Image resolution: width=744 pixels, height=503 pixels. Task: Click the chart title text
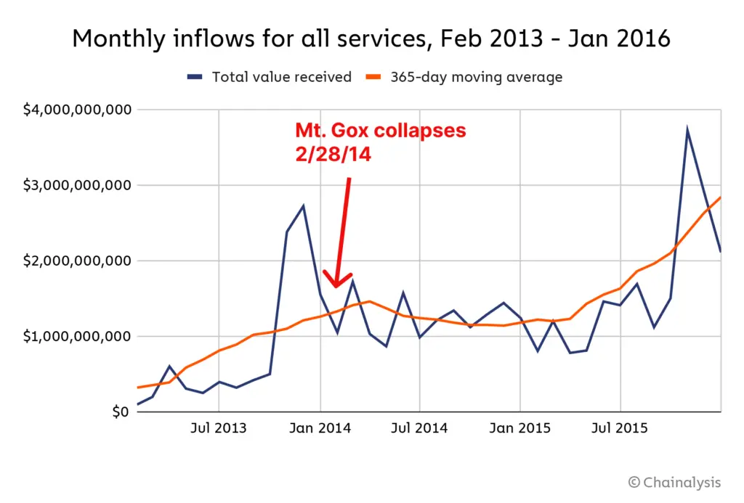371,38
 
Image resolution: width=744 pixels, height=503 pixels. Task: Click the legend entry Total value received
281,77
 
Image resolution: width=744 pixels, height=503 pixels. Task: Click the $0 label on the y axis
119,412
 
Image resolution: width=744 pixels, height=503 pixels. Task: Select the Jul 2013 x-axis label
219,428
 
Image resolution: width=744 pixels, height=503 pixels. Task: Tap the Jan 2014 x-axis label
320,428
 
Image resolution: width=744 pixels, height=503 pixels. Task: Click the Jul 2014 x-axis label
420,428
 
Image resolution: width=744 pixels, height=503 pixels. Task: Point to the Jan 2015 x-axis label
520,428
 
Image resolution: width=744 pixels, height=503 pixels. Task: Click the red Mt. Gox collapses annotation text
380,131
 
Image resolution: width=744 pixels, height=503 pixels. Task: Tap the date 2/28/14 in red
333,154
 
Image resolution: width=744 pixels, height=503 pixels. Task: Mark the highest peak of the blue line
687,131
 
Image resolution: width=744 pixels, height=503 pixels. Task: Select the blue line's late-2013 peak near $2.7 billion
303,206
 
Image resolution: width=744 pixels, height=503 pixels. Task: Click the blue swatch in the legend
195,77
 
